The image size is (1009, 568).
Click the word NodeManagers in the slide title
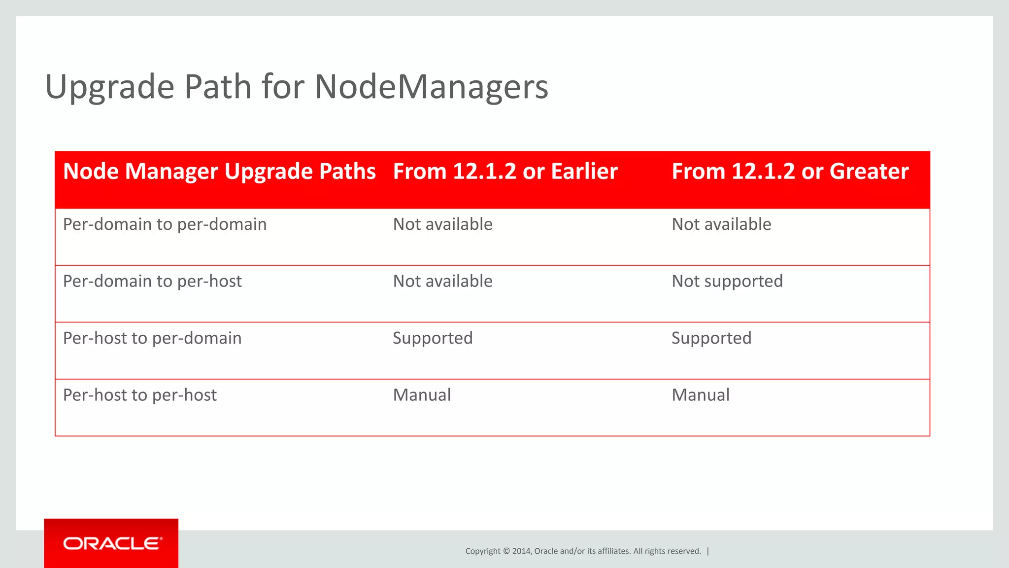[431, 87]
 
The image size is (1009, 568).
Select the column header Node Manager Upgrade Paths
[219, 172]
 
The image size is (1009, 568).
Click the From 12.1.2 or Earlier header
[505, 172]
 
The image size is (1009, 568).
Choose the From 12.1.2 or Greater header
[790, 172]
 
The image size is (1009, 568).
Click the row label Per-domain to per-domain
[165, 224]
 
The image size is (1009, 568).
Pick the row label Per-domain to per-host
[152, 281]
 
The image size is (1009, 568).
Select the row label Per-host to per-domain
[152, 338]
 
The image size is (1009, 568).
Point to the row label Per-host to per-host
[140, 395]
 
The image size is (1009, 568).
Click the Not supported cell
[727, 281]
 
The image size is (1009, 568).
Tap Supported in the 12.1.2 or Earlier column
[433, 338]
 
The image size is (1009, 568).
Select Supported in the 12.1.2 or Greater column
[711, 338]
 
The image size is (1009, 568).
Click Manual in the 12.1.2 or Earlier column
[422, 395]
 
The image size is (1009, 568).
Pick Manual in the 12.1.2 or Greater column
[701, 395]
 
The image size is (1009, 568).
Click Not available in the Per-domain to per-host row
[442, 281]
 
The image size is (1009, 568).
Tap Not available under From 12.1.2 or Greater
[721, 224]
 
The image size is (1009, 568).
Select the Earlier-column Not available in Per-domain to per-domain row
[442, 224]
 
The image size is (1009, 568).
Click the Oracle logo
[111, 543]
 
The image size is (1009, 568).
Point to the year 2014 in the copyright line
[521, 551]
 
